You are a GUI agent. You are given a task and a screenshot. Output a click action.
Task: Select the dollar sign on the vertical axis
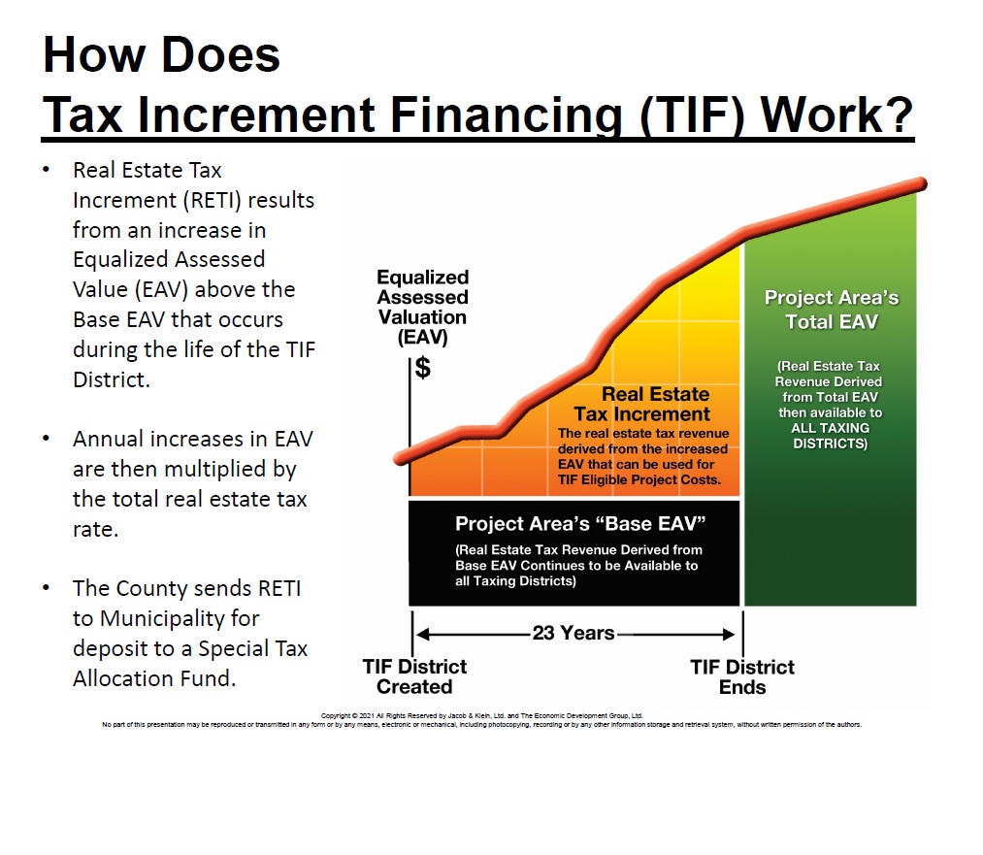tap(423, 368)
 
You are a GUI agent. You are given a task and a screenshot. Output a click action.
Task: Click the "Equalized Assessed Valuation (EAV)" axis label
tap(422, 308)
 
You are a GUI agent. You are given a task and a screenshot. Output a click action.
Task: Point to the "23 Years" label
tap(573, 634)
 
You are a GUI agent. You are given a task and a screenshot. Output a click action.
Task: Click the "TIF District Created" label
tap(414, 676)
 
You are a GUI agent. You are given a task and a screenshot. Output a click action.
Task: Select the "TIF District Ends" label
tap(742, 676)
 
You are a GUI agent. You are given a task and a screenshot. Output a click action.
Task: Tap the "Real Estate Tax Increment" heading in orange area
tap(655, 405)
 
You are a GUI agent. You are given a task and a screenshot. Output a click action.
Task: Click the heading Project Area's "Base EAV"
tap(579, 524)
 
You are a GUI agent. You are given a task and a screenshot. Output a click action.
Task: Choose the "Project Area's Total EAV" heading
tap(831, 310)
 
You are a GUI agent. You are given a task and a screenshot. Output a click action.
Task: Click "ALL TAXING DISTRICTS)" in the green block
tap(830, 436)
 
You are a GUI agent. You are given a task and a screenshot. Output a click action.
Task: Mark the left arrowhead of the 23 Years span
tap(421, 635)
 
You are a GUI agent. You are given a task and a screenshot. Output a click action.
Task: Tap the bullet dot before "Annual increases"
tap(46, 439)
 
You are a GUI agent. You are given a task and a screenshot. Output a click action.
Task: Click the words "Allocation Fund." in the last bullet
tap(154, 677)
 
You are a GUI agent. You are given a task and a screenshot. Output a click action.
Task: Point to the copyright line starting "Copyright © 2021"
tap(482, 715)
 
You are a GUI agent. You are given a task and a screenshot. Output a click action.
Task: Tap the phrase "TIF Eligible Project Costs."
tap(639, 479)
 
